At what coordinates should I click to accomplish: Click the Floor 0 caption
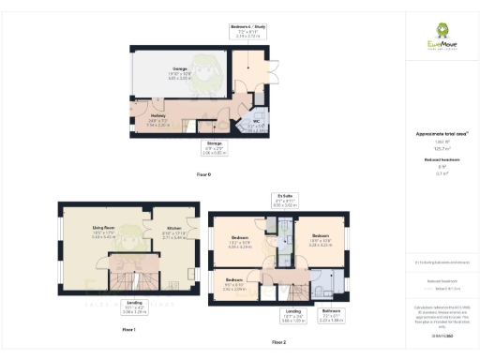coord(203,175)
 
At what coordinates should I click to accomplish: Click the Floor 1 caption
coord(128,329)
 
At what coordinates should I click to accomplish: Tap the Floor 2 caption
coord(279,342)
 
